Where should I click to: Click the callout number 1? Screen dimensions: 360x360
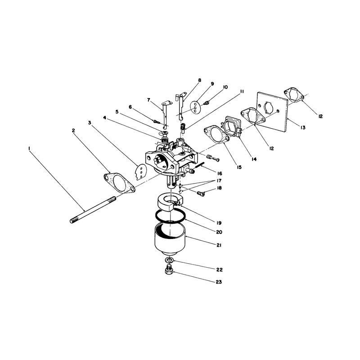pos(29,149)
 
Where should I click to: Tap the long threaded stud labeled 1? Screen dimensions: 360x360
pos(93,210)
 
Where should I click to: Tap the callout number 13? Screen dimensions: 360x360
pos(303,128)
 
